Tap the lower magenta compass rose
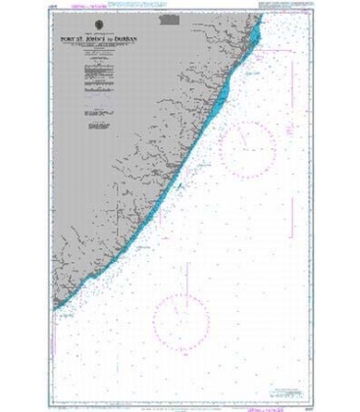tap(187, 294)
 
